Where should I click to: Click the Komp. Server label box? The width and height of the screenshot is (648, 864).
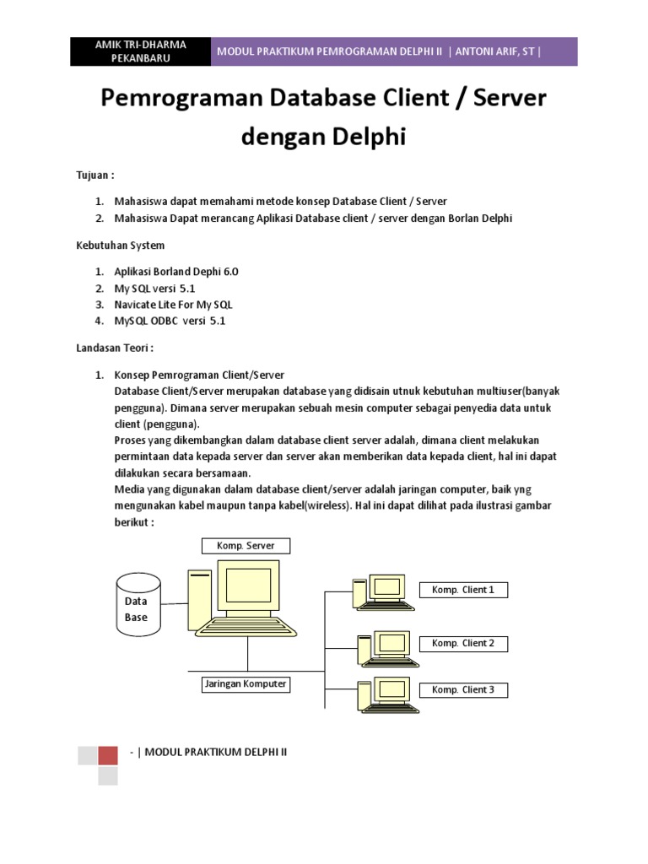tap(245, 546)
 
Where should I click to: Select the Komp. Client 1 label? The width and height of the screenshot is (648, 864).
tap(463, 590)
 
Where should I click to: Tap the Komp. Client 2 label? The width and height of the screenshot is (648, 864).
tap(463, 643)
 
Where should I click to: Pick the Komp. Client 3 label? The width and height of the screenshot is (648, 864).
tap(463, 689)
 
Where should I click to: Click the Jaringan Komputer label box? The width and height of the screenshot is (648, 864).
tap(245, 683)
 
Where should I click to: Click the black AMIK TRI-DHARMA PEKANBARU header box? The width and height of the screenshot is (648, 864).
tap(141, 51)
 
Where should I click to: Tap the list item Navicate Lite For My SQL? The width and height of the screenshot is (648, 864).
tap(173, 304)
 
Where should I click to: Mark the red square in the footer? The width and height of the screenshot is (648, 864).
tap(108, 755)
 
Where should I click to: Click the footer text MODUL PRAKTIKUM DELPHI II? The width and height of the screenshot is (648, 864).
tap(216, 751)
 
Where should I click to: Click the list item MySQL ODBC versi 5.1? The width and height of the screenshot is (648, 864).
tap(170, 321)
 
